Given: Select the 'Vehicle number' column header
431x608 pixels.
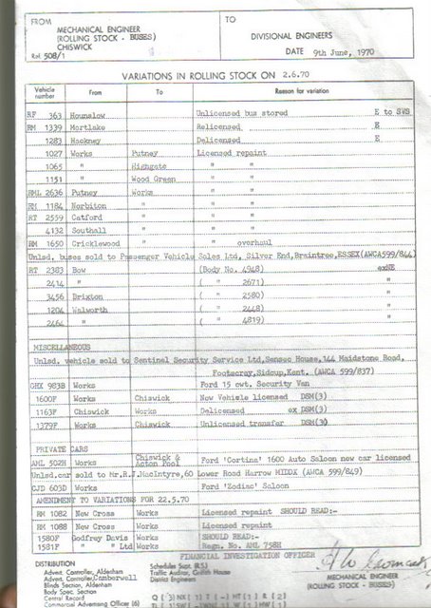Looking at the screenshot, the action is [45, 92].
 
